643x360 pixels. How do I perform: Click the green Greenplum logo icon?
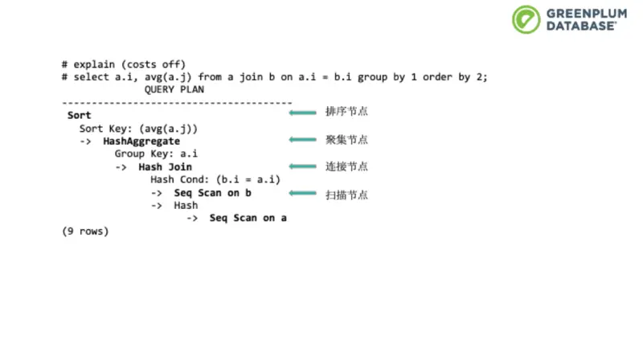[x=526, y=18]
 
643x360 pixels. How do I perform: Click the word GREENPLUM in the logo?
[x=584, y=13]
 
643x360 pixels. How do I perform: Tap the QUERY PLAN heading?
[x=174, y=90]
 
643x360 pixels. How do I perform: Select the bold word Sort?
[x=79, y=116]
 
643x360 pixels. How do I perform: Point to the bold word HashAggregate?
[x=141, y=141]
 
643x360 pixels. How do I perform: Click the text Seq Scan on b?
[x=213, y=193]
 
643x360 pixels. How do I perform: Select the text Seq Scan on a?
[x=248, y=218]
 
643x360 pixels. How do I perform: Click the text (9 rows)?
[x=85, y=231]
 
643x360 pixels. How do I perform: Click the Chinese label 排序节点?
[x=346, y=112]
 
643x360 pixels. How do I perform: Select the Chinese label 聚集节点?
[x=346, y=140]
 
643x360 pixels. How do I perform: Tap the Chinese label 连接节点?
[x=346, y=166]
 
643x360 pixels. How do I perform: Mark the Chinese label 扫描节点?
[x=346, y=194]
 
